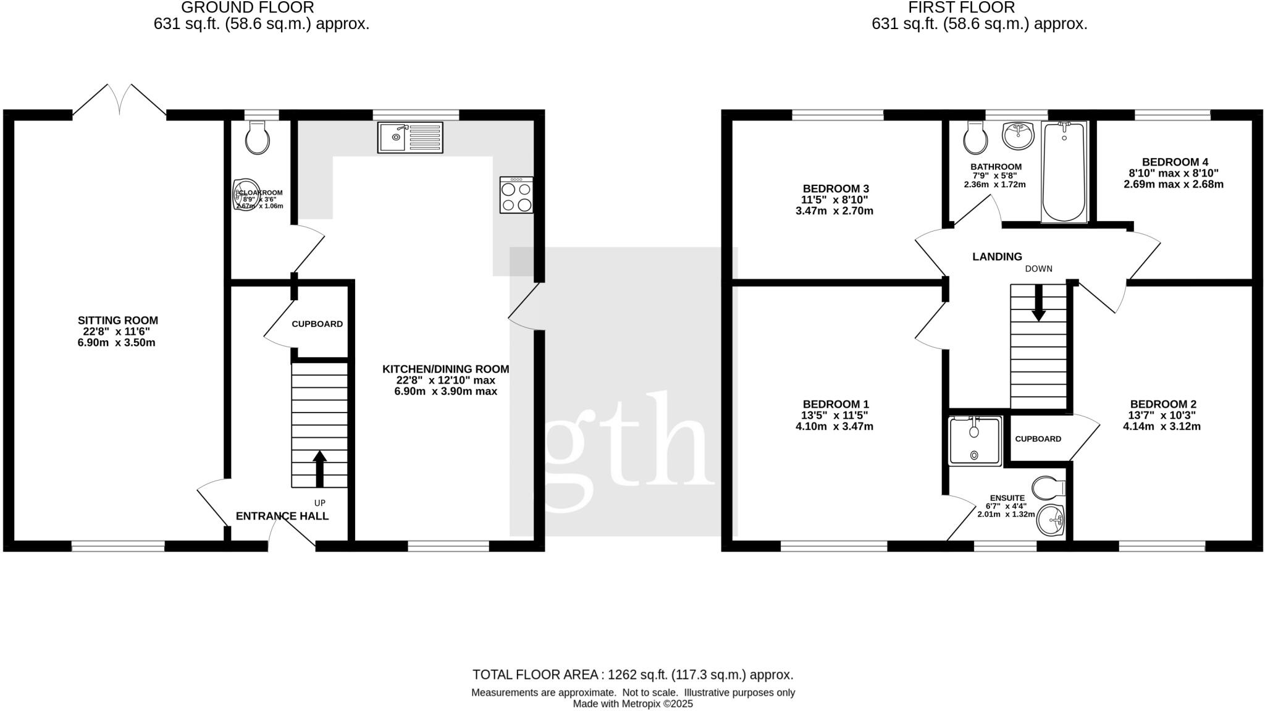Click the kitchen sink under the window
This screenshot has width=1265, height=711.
(410, 137)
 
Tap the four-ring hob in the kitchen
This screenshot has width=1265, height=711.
(516, 196)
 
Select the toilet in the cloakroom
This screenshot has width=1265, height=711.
(258, 137)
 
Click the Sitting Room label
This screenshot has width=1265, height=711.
(117, 320)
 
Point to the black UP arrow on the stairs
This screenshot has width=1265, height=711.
(319, 469)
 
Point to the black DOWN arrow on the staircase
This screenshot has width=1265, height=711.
(1038, 303)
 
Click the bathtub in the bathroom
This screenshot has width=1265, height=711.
(1064, 171)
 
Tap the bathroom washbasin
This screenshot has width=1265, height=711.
(1017, 135)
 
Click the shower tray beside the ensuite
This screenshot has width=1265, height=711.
(975, 440)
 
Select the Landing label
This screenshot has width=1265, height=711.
(997, 256)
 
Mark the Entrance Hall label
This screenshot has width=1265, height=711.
(282, 516)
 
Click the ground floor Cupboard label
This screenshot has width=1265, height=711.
(317, 324)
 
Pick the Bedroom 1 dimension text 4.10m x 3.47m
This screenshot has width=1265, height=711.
(834, 426)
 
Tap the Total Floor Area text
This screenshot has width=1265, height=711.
(632, 675)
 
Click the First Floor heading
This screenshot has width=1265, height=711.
(978, 7)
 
